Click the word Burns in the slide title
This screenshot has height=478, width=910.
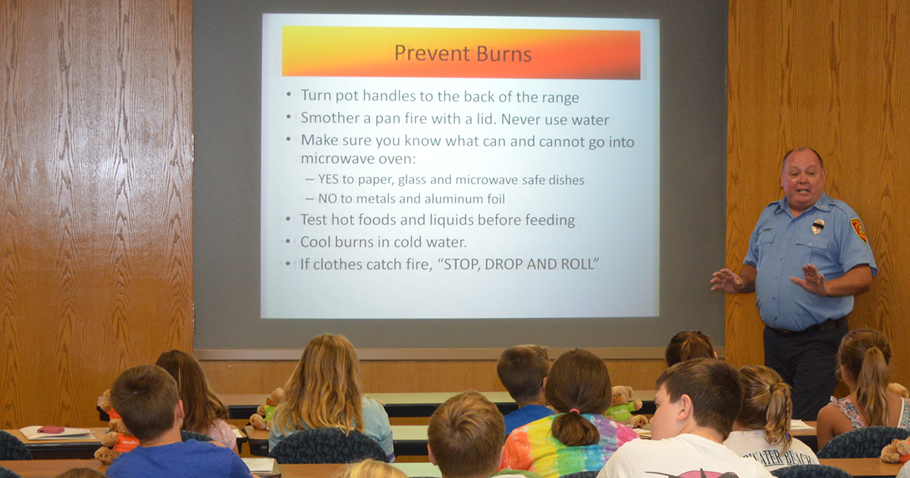pos(504,54)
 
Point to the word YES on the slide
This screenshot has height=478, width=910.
pos(328,179)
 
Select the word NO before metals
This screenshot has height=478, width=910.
pos(328,198)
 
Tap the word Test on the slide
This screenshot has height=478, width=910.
pos(314,219)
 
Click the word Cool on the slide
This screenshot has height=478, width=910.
pos(316,242)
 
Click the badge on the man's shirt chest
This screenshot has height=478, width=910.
pos(817,227)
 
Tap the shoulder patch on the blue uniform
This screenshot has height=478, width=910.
pos(859,230)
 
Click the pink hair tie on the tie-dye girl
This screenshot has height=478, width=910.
pos(574,411)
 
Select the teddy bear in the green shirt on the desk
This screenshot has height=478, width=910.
pos(623,404)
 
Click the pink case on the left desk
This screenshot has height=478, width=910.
pos(51,429)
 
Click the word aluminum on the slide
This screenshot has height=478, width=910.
pos(441,199)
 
